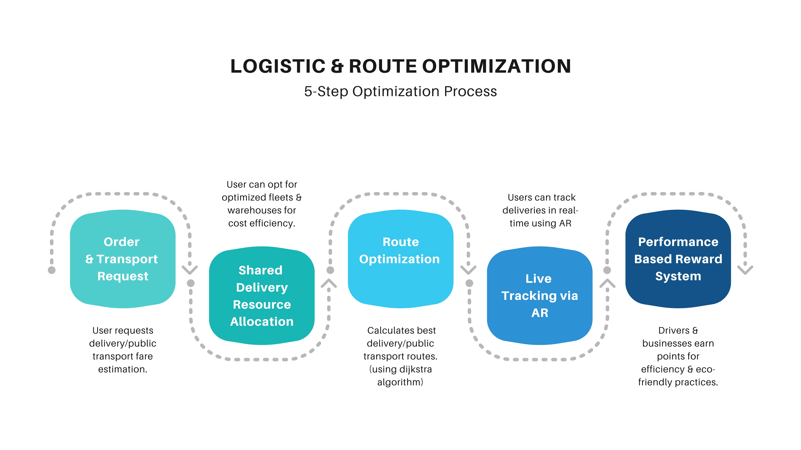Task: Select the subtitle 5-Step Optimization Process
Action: click(x=400, y=91)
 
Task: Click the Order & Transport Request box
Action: click(x=123, y=259)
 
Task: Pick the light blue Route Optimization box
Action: click(x=400, y=259)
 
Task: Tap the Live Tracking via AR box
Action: click(x=539, y=296)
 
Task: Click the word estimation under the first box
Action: click(x=123, y=369)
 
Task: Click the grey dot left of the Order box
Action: click(x=52, y=270)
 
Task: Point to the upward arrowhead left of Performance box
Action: click(x=607, y=283)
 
